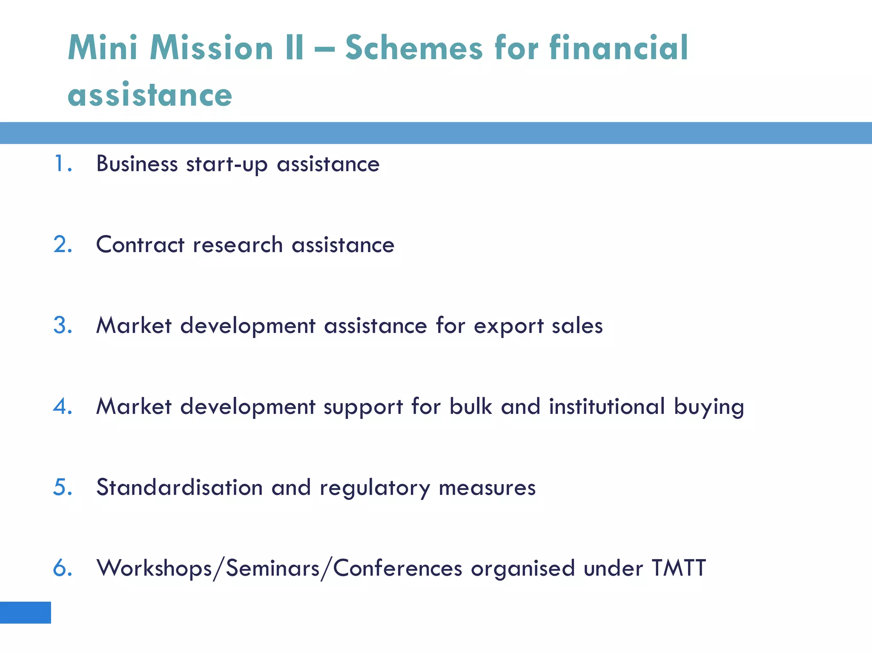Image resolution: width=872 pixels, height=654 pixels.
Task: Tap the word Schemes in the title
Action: tap(414, 48)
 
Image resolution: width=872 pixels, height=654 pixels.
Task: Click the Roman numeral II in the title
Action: tap(294, 48)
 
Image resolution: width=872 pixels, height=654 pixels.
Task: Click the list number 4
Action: tap(62, 406)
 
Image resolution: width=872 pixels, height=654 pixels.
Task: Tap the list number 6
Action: tap(62, 568)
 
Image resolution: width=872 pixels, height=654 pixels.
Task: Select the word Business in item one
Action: tap(137, 163)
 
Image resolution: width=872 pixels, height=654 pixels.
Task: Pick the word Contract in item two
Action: tap(140, 244)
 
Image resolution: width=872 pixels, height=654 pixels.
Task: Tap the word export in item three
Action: tap(509, 326)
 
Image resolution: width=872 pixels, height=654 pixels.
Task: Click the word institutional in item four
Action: tap(607, 406)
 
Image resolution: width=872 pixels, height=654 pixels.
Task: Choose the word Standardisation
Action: tap(179, 487)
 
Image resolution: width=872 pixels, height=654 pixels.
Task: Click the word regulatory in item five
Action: tap(375, 488)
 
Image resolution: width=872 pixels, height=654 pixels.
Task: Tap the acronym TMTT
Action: tap(679, 568)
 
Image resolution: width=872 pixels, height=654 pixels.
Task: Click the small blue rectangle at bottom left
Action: tap(25, 612)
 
